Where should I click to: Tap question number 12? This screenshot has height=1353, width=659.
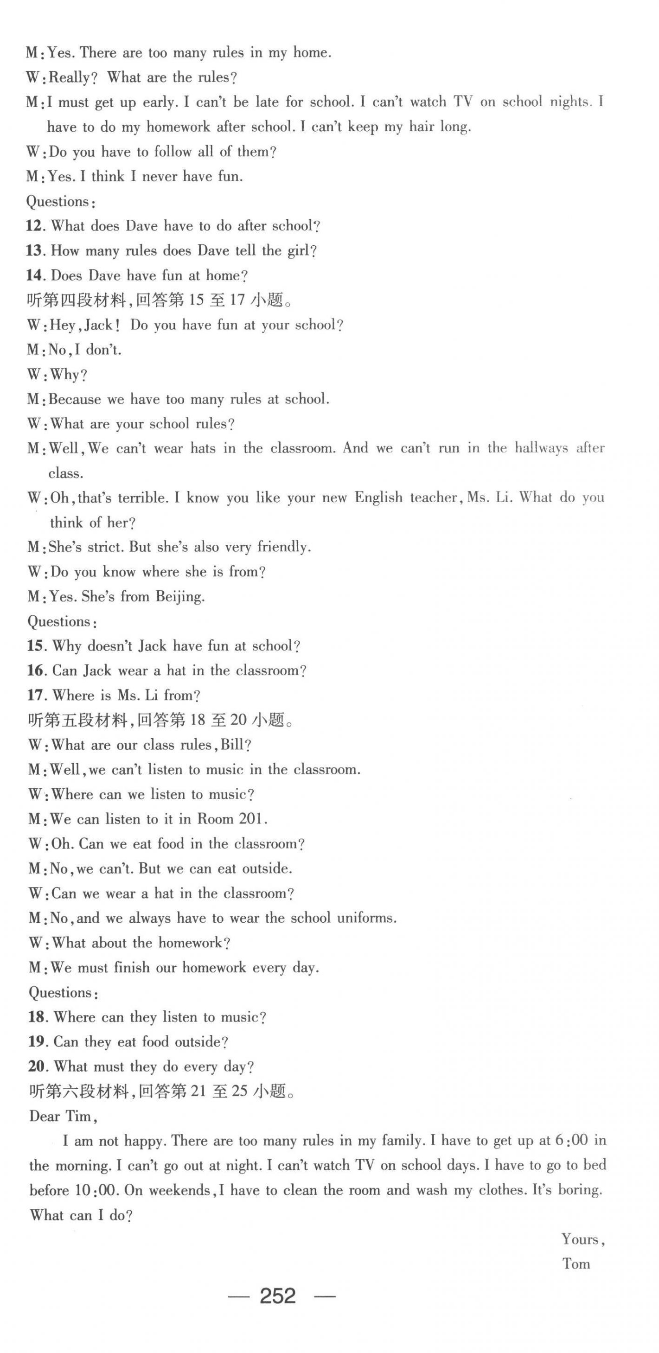[34, 226]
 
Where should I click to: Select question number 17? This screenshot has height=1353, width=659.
[35, 696]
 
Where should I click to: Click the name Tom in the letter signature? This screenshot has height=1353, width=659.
[576, 1263]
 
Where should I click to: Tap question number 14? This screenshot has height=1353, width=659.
[34, 275]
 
